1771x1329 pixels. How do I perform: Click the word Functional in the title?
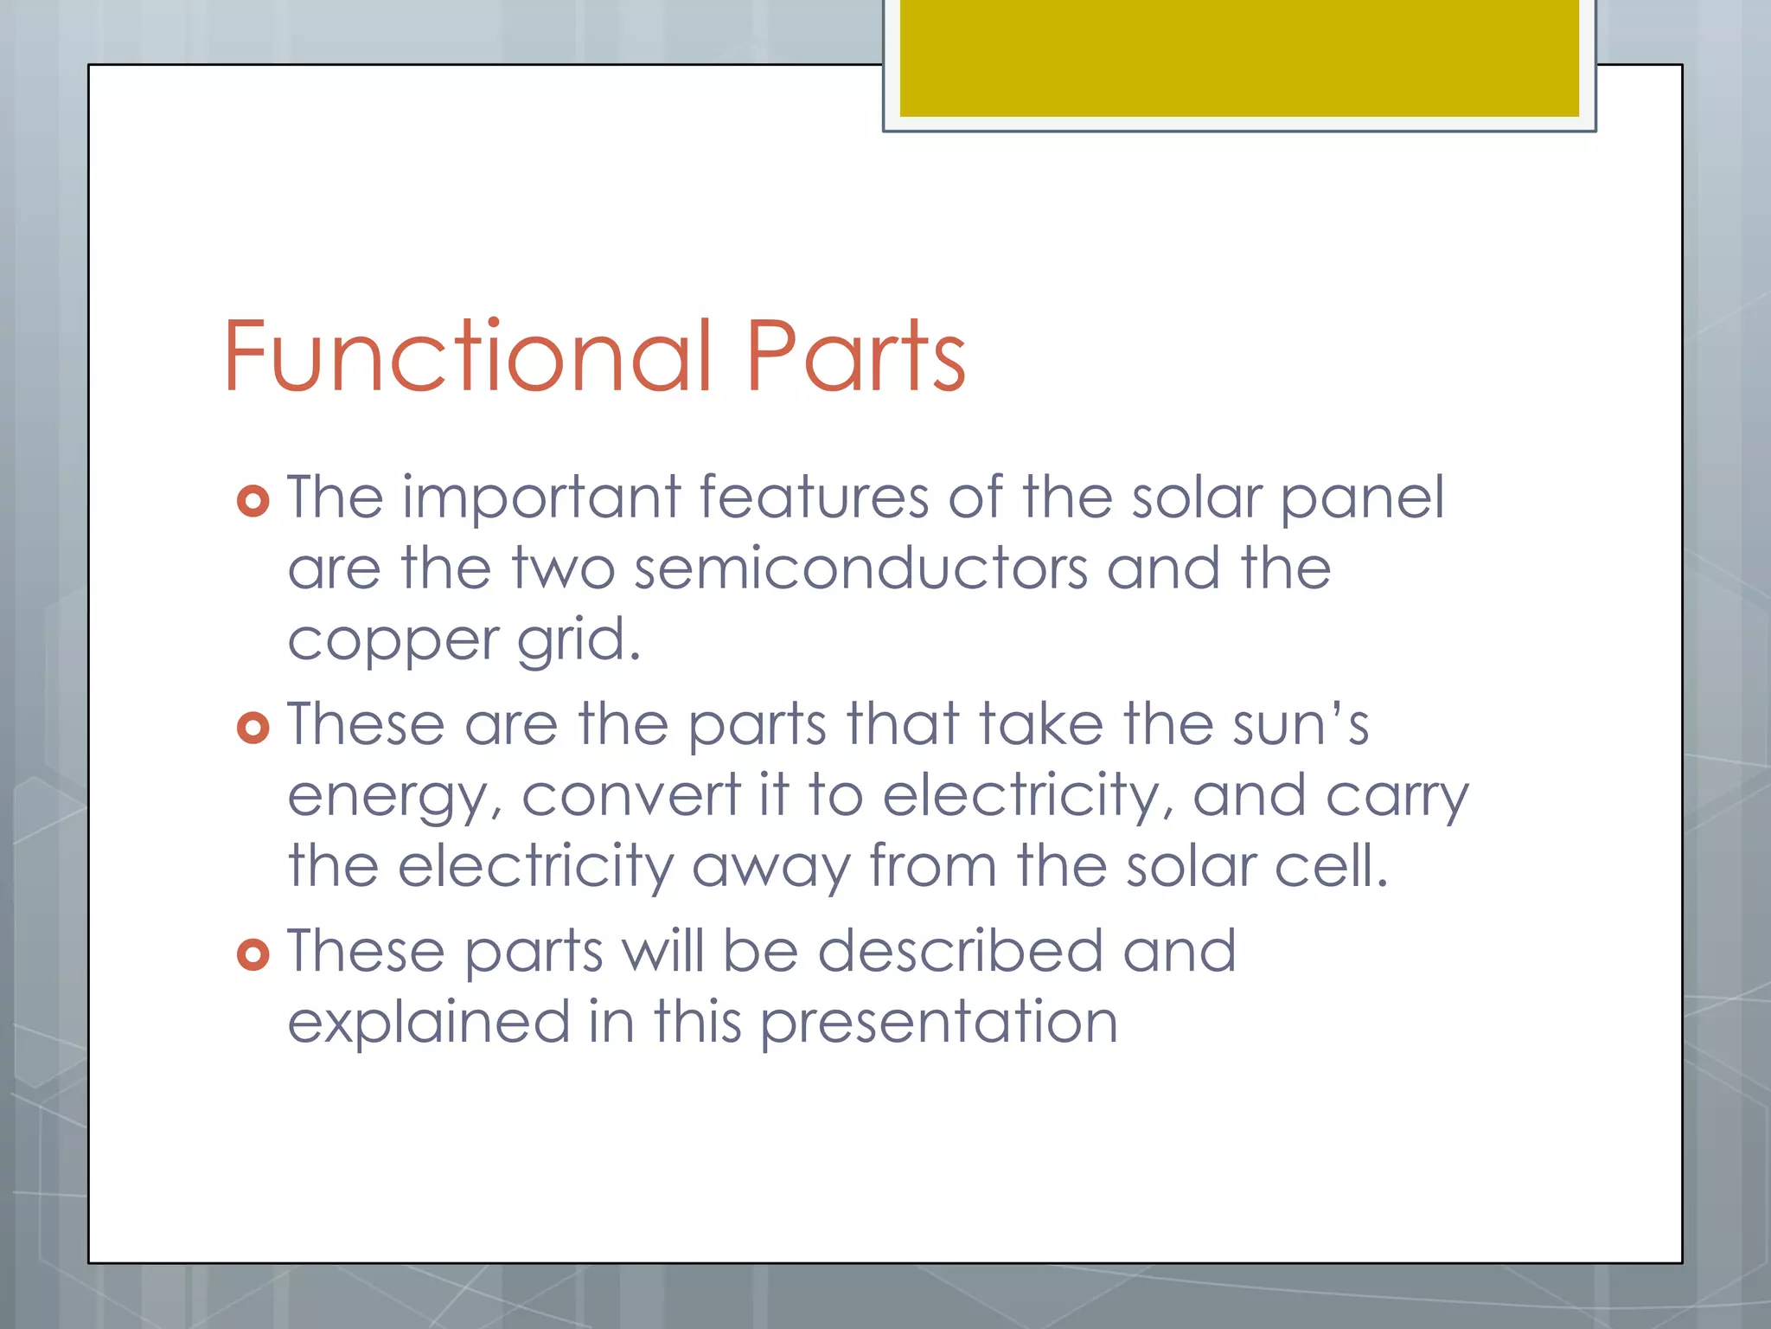pyautogui.click(x=468, y=356)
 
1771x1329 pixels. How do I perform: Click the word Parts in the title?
pyautogui.click(x=855, y=356)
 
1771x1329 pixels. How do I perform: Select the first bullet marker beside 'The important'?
pyautogui.click(x=253, y=501)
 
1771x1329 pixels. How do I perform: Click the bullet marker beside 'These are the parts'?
pyautogui.click(x=253, y=728)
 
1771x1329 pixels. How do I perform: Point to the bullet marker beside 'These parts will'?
pyautogui.click(x=253, y=954)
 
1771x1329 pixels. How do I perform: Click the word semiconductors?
pyautogui.click(x=860, y=569)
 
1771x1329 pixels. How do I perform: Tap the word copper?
pyautogui.click(x=393, y=642)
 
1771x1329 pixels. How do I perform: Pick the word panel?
pyautogui.click(x=1362, y=499)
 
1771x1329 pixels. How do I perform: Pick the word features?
pyautogui.click(x=814, y=498)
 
